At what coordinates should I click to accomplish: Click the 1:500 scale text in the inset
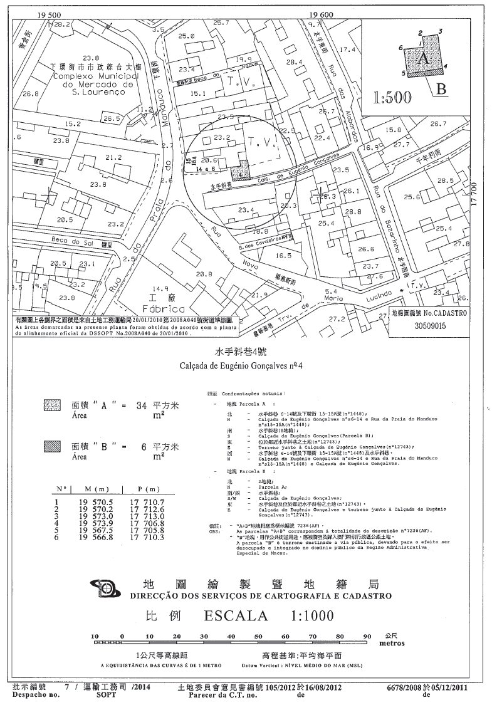coord(392,97)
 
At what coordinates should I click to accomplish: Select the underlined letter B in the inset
coord(441,88)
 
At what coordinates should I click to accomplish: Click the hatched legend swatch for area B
coord(50,447)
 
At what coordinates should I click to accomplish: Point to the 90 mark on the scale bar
coord(367,636)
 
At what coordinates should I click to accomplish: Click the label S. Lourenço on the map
coord(93,92)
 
